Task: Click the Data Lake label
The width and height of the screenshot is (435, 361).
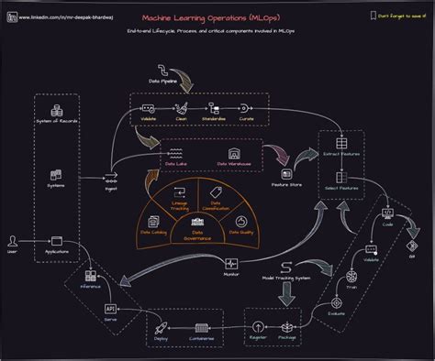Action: point(176,163)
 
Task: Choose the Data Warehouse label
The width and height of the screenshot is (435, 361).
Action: point(235,163)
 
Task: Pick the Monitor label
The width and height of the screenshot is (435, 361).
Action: point(231,274)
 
